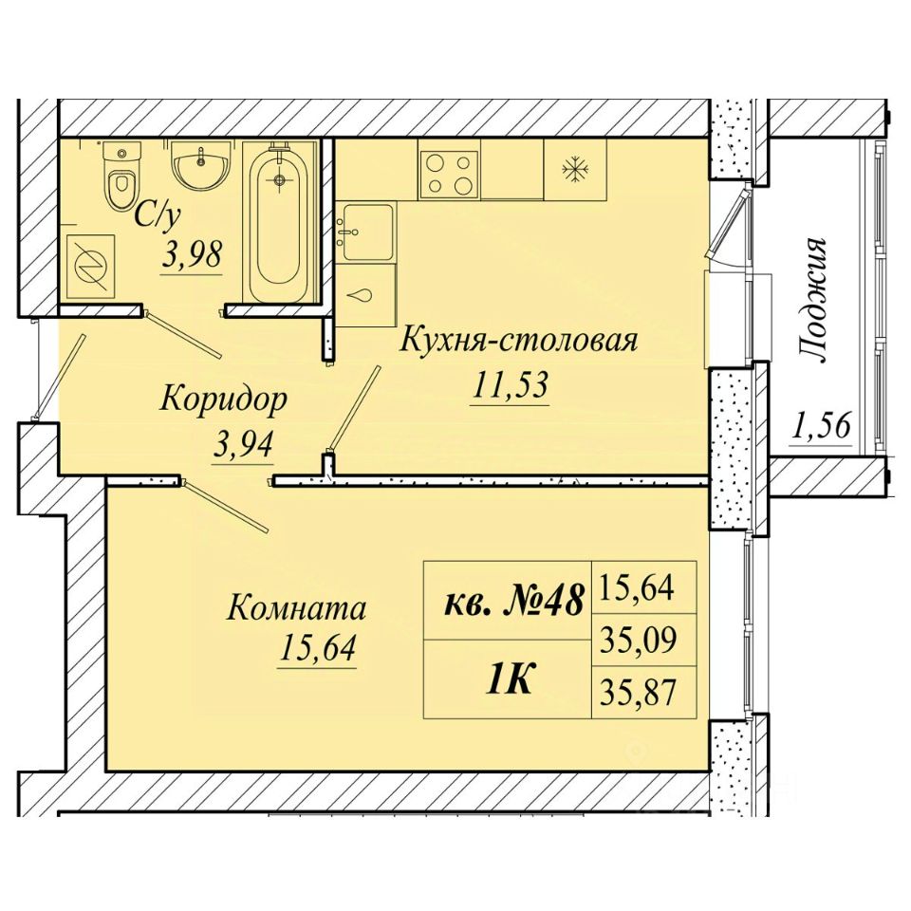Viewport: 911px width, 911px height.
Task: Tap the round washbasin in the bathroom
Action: [x=201, y=164]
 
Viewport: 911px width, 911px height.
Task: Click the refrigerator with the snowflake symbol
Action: [x=575, y=170]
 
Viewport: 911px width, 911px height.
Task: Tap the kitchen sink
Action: [x=368, y=232]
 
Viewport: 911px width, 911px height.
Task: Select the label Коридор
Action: [x=224, y=400]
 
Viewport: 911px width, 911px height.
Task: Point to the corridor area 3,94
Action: [x=244, y=446]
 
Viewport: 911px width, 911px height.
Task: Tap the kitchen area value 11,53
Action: [x=511, y=384]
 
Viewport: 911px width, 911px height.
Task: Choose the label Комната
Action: [x=296, y=609]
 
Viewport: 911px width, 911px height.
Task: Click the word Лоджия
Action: [x=812, y=301]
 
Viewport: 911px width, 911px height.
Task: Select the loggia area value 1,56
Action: [x=820, y=426]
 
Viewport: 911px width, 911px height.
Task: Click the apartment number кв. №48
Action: [x=513, y=602]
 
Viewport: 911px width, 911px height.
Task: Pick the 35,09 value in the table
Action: [x=639, y=640]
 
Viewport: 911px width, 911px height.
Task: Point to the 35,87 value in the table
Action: [x=639, y=693]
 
